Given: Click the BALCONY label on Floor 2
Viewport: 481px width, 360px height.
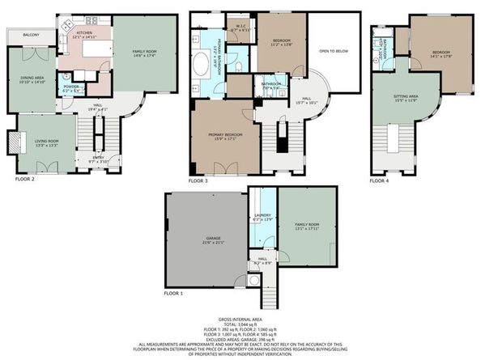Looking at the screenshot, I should pos(31,36).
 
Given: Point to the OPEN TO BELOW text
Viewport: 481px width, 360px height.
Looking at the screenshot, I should pos(334,50).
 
